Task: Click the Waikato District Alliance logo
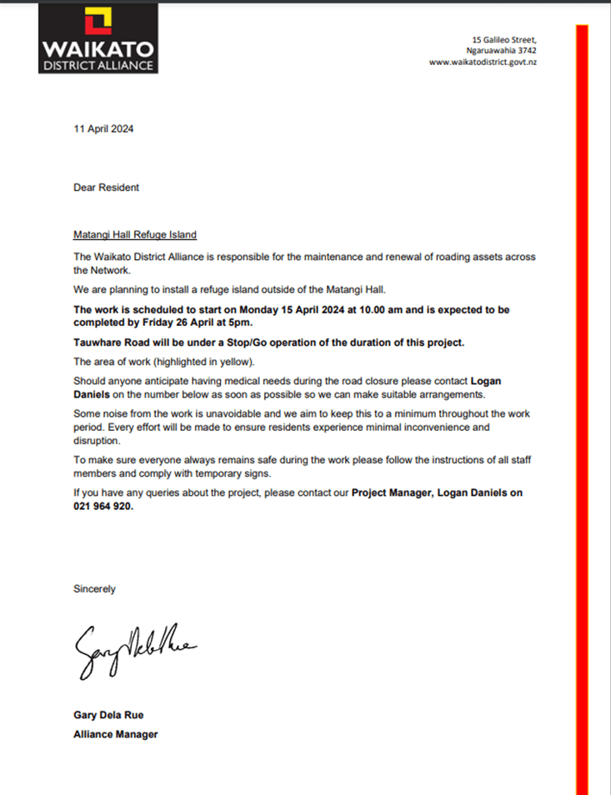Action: (x=98, y=38)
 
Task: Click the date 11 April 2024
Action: (x=103, y=129)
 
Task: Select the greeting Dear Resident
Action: (x=106, y=187)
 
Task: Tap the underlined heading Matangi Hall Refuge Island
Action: (x=135, y=235)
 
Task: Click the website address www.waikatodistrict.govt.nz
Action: (x=483, y=62)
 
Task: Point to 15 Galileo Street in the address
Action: (x=504, y=39)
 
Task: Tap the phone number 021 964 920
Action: (x=103, y=506)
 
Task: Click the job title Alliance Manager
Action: (x=115, y=734)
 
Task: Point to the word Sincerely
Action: (x=94, y=589)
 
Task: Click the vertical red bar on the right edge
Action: (x=582, y=408)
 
